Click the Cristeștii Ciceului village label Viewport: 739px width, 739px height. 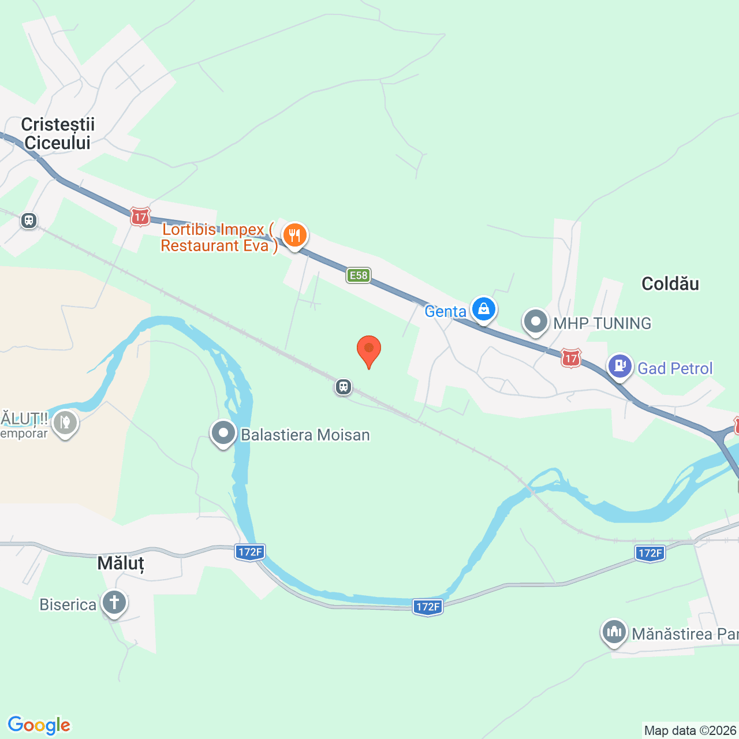tap(58, 133)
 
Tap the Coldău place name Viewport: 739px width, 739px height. tap(670, 283)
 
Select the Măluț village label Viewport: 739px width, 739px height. tap(120, 563)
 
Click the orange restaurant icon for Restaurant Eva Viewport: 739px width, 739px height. tap(295, 236)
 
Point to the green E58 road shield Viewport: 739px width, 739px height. tap(359, 275)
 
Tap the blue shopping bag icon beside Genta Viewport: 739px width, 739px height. tap(483, 309)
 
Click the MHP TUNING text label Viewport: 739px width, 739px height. tap(602, 323)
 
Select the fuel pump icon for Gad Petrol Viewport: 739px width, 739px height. tap(620, 366)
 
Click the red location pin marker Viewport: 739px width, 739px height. tap(368, 350)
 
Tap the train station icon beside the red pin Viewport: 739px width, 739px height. tap(344, 386)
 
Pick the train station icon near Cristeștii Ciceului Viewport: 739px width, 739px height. tap(28, 221)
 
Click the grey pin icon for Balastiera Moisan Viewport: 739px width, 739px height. tap(223, 433)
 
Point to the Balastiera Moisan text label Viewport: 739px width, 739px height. tap(305, 435)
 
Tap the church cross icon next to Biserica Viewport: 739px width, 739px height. tap(114, 603)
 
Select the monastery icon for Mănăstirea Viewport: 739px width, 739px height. tap(614, 632)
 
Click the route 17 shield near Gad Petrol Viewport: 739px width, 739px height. tap(571, 359)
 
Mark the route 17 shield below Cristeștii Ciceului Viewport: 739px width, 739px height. tap(140, 217)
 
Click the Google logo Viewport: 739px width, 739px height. tap(39, 725)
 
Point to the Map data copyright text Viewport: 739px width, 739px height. tap(691, 730)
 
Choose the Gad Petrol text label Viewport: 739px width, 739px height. tap(675, 368)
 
